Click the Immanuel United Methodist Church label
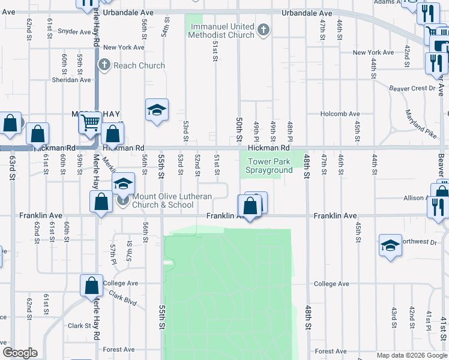[224, 31]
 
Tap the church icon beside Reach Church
[104, 65]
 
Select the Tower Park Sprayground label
[270, 166]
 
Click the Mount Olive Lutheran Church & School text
[163, 200]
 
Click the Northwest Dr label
[420, 242]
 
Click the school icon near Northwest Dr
[390, 245]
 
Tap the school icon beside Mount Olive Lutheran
[123, 184]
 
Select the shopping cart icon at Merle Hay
[90, 122]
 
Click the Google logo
[20, 353]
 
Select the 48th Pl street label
[289, 130]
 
